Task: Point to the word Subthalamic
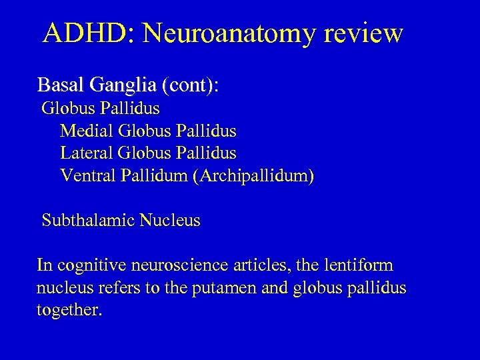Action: (89, 220)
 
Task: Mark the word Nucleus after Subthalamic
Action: (170, 220)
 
